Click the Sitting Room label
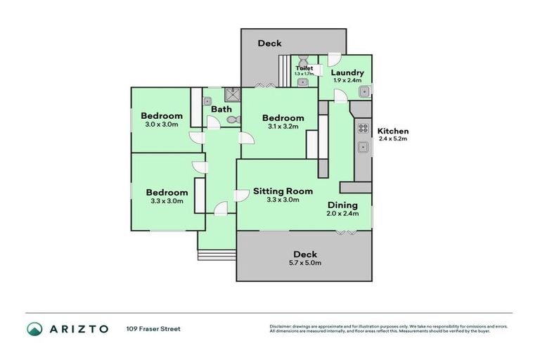[x=283, y=191]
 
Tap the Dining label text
[x=342, y=205]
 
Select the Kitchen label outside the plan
[x=393, y=131]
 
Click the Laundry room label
[x=347, y=72]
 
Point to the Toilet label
[x=304, y=68]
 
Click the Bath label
[x=221, y=109]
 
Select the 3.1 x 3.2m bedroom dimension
[x=283, y=127]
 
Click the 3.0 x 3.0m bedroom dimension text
[x=161, y=124]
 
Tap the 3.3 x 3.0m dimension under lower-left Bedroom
[x=167, y=201]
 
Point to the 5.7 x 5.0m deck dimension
[x=305, y=263]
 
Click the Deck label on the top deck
[x=269, y=43]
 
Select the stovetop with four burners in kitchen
[x=364, y=128]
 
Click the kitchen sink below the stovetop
[x=364, y=147]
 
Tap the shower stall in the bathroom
[x=231, y=93]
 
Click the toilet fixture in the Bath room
[x=234, y=121]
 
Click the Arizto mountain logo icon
[x=34, y=328]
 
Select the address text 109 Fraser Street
[x=153, y=328]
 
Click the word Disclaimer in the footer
[x=281, y=326]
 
